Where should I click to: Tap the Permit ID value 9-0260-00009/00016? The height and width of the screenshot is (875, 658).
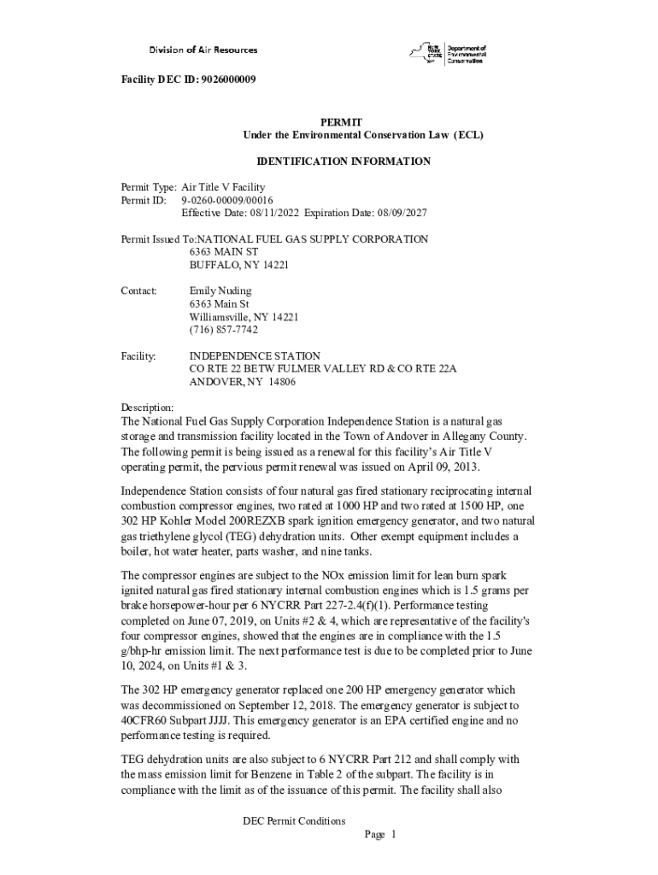tap(226, 200)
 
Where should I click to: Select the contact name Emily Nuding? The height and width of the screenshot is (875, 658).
tap(220, 291)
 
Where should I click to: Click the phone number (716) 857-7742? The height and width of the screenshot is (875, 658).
tap(223, 330)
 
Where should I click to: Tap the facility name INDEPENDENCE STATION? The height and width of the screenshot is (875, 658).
tap(255, 355)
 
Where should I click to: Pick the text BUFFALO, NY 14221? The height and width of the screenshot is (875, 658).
tap(238, 265)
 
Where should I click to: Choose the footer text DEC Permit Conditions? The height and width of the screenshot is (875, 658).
tap(294, 821)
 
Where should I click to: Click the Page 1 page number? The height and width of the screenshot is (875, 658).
tap(379, 834)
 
